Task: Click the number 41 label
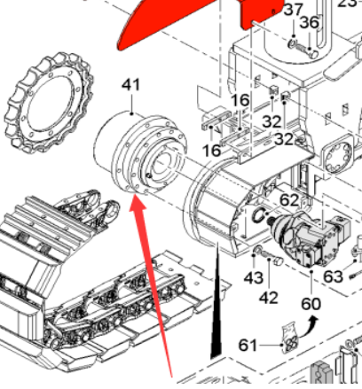131,86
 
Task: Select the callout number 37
292,11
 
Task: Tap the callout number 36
309,22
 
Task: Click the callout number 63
333,276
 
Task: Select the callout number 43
254,278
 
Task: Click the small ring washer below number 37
292,43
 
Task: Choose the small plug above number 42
275,263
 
